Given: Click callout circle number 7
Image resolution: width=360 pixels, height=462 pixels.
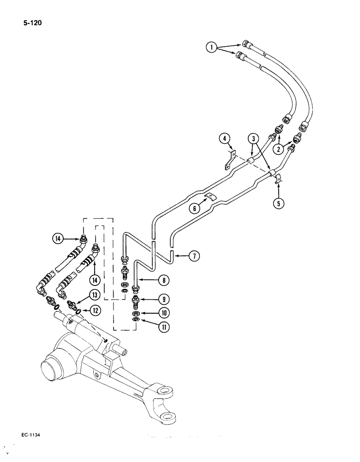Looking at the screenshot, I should coord(193,255).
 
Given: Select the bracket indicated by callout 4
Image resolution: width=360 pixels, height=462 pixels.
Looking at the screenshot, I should coord(229,159).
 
